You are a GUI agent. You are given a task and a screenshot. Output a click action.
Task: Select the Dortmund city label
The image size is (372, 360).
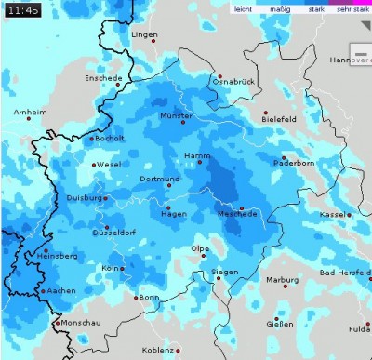click(x=133, y=179)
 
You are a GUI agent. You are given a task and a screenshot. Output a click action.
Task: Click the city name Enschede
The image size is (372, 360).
click(x=103, y=79)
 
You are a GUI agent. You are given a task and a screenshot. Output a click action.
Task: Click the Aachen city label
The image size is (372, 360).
click(x=60, y=290)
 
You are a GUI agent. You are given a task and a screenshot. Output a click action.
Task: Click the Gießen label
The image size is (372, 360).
click(x=280, y=324)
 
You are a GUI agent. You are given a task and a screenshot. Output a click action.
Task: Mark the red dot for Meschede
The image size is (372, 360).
click(x=242, y=208)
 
